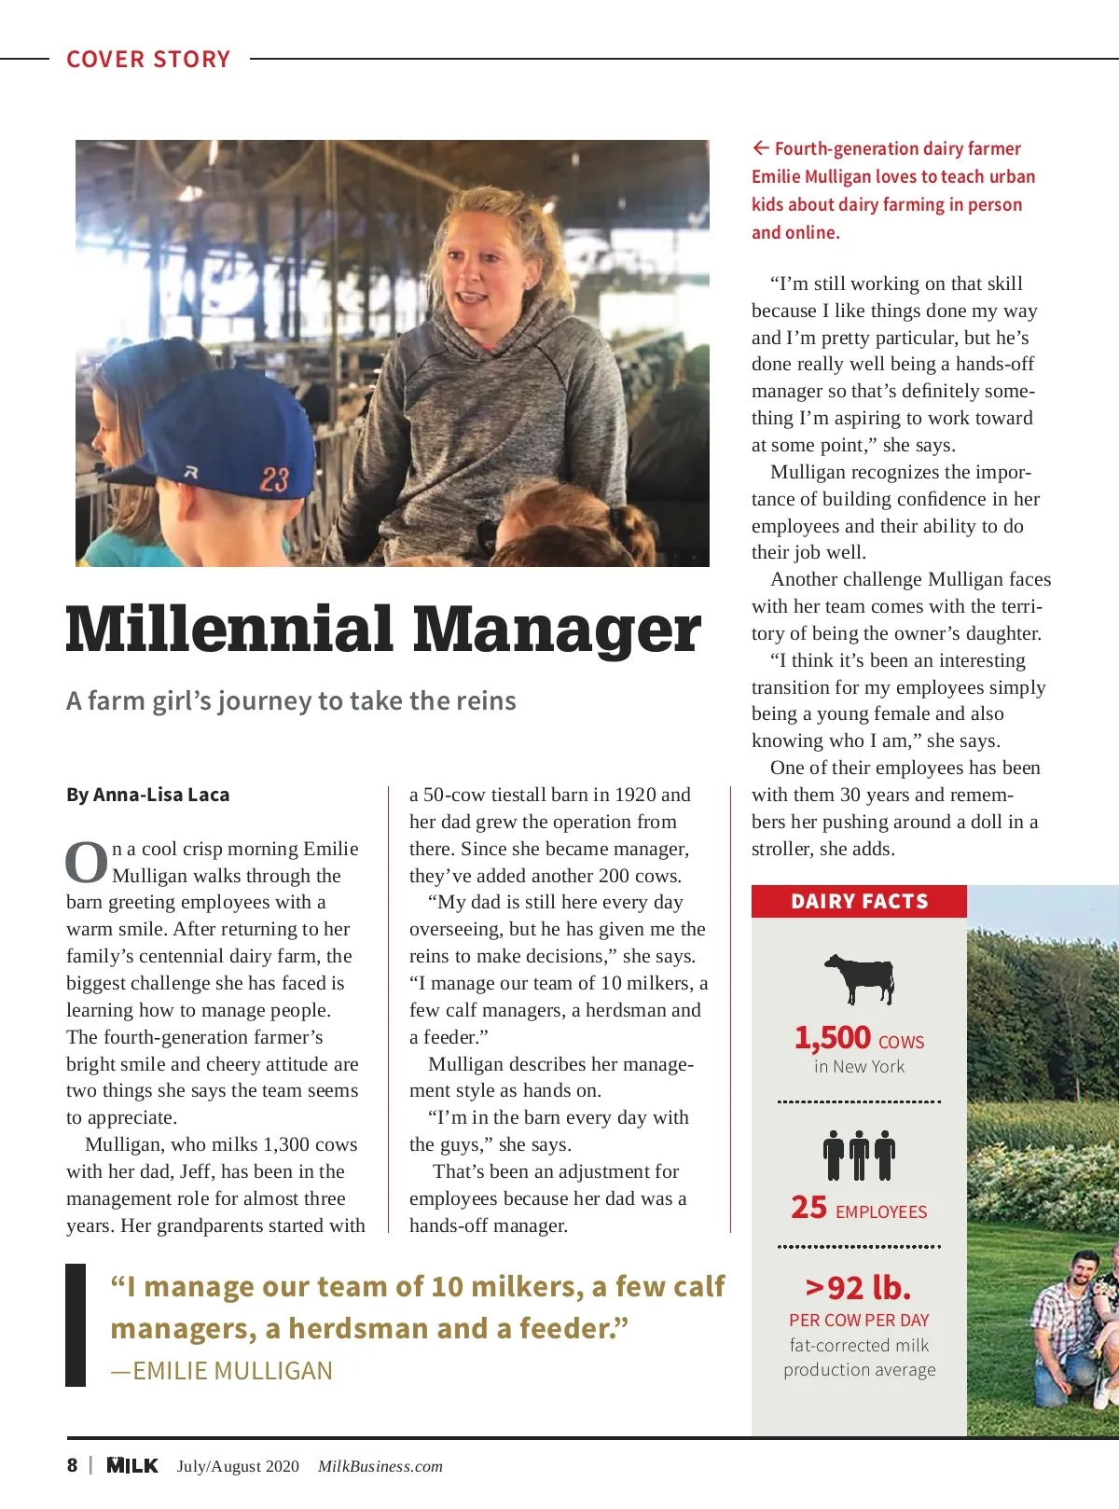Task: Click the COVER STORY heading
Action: [x=148, y=60]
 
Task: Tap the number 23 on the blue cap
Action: [x=274, y=479]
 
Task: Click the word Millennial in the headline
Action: [x=229, y=630]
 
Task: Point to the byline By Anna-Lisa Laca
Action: [x=147, y=795]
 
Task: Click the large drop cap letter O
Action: [x=87, y=863]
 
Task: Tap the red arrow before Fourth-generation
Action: [x=761, y=148]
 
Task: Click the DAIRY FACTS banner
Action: [x=859, y=902]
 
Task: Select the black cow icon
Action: [x=859, y=978]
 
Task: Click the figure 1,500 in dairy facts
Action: [x=832, y=1038]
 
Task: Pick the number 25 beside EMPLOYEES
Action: [x=808, y=1208]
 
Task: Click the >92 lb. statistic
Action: [x=858, y=1288]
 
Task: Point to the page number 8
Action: [x=72, y=1465]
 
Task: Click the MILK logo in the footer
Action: [x=132, y=1465]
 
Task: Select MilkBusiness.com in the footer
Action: [x=380, y=1466]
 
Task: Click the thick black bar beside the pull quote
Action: [x=76, y=1324]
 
